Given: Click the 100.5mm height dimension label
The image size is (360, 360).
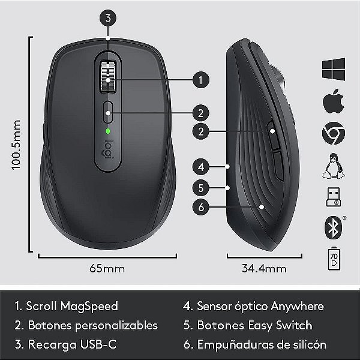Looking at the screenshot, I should tap(16, 145).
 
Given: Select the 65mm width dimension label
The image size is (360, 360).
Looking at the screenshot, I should tap(109, 268).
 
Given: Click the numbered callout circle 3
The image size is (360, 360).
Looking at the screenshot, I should tap(107, 17).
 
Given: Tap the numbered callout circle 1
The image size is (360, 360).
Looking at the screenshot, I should tap(201, 79).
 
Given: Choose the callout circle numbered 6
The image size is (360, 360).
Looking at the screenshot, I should tap(201, 208).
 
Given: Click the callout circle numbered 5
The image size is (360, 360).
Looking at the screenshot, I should tap(201, 187).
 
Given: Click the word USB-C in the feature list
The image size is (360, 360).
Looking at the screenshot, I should tap(99, 345).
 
